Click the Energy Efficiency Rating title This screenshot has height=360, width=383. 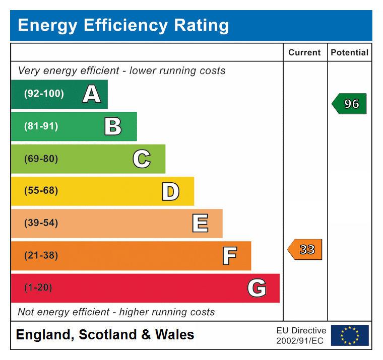coord(123,25)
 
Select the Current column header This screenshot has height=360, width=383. coord(304,52)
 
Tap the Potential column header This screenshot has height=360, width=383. coord(349,52)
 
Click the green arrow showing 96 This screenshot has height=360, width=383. coord(349,104)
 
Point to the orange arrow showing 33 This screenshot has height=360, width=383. coord(305,250)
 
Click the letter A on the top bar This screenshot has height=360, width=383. coord(91,94)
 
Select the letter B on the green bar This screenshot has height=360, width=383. coord(113,126)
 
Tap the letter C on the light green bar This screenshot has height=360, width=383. coord(142,159)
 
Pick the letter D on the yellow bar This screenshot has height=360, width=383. coord(170,191)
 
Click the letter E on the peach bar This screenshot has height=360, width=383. coord(200,224)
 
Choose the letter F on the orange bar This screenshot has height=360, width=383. coord(229,256)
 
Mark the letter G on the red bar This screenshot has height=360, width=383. coord(257,288)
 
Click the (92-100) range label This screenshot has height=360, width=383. coord(44,94)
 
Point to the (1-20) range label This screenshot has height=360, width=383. coord(38,288)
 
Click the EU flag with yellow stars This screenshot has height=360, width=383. coord(350,335)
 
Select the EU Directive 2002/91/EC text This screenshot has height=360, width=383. coord(301,336)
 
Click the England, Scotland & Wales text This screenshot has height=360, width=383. coord(105,335)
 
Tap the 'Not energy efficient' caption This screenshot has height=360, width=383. coord(116,312)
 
